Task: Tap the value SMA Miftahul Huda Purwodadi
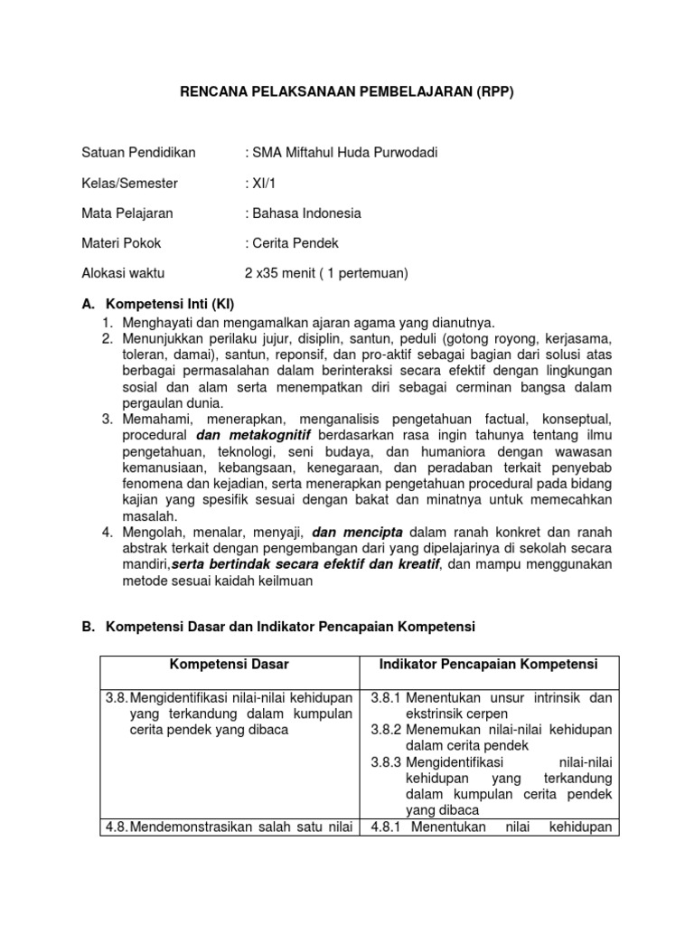click(x=329, y=152)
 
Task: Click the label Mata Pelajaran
click(x=127, y=213)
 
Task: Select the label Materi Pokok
click(x=121, y=243)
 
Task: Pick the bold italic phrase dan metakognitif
click(x=248, y=435)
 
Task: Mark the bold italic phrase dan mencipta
click(x=358, y=532)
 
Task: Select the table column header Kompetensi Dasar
click(x=229, y=665)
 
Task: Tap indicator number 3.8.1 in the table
click(x=387, y=697)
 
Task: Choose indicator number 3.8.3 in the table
click(x=387, y=762)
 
